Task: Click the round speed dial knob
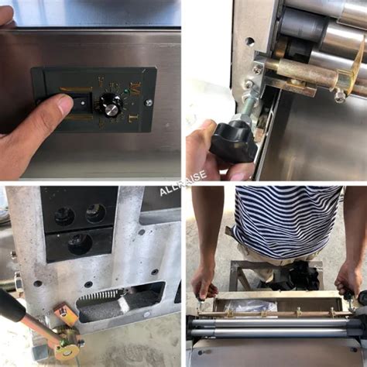click(111, 107)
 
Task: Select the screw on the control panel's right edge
click(149, 101)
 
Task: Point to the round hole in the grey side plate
click(249, 42)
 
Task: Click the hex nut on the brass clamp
click(339, 96)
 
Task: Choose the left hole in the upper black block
click(64, 214)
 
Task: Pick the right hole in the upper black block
click(96, 212)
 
